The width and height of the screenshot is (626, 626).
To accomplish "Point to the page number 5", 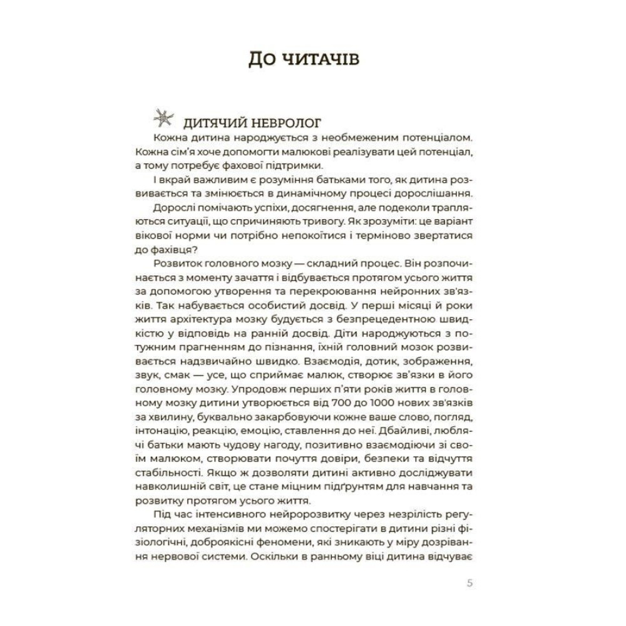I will tap(470, 585).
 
